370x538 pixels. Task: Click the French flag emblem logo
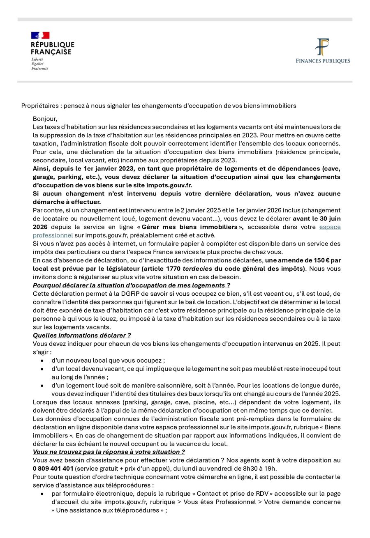(40, 35)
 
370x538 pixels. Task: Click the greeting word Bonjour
(46, 119)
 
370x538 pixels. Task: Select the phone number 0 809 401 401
(53, 468)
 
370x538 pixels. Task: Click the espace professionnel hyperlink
(330, 227)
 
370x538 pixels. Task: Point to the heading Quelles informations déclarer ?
(82, 335)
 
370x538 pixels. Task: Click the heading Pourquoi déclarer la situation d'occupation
(131, 285)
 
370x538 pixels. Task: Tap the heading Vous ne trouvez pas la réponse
(109, 451)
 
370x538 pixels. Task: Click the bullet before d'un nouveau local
(42, 360)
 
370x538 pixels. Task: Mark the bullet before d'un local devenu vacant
(42, 368)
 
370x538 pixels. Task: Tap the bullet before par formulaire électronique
(42, 493)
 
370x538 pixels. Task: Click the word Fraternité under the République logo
(40, 68)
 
